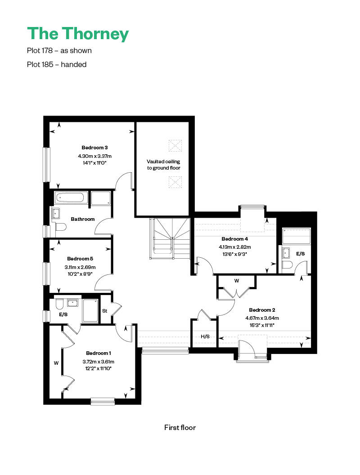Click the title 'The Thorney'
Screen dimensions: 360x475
78,34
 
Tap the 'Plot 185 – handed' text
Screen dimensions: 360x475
57,64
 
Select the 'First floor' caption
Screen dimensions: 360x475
180,427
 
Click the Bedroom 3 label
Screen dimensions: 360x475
94,148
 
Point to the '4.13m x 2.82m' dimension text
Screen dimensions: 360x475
235,247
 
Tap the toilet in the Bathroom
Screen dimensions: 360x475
61,227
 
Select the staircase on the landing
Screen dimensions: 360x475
170,238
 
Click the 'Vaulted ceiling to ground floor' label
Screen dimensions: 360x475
164,165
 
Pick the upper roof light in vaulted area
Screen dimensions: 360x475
175,145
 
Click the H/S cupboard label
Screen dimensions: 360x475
205,336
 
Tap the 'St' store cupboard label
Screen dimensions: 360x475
105,311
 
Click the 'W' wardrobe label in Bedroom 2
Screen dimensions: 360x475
237,281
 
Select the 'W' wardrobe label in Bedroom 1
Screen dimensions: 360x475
56,363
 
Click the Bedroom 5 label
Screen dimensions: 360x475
80,259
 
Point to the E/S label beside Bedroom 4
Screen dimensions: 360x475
301,254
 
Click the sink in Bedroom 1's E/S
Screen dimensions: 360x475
73,303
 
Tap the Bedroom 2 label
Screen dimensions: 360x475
262,310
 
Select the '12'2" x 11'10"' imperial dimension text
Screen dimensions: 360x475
99,369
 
